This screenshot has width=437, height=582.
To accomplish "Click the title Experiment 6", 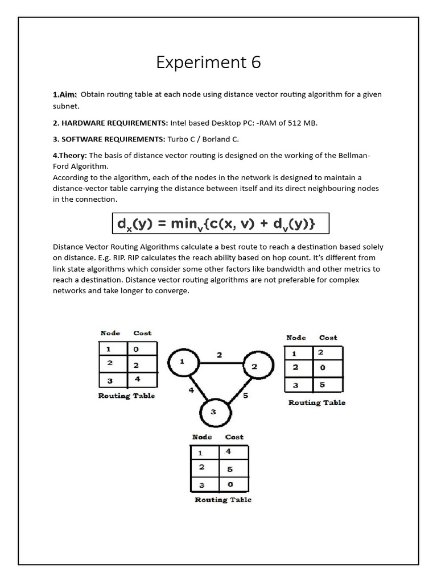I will tap(208, 63).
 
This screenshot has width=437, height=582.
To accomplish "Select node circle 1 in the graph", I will tap(182, 361).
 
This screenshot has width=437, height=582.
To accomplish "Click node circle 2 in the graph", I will tap(254, 367).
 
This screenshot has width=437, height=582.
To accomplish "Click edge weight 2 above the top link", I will tap(219, 355).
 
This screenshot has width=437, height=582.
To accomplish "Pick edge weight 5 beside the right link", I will tap(245, 396).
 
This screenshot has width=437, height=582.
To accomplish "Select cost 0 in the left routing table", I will tap(136, 349).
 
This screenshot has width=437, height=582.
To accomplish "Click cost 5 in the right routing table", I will tap(322, 385).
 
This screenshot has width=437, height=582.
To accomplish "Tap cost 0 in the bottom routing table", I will tap(229, 484).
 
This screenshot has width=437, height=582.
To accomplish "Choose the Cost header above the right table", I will tap(328, 338).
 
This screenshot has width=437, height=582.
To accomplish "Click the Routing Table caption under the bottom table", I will tap(223, 500).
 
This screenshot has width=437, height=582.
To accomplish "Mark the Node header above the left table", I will tap(110, 333).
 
